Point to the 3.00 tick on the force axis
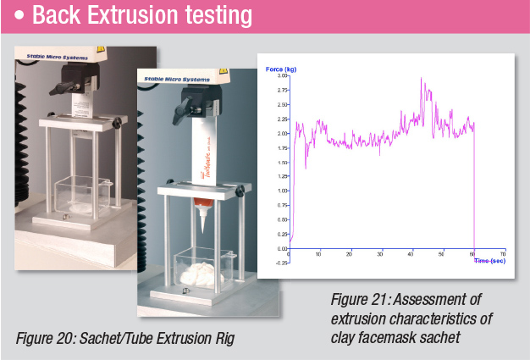[x=282, y=75]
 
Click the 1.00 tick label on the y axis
[x=282, y=191]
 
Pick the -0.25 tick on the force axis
[x=280, y=263]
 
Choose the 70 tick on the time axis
[x=503, y=254]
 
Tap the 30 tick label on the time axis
[x=380, y=254]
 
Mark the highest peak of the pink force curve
[x=422, y=79]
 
